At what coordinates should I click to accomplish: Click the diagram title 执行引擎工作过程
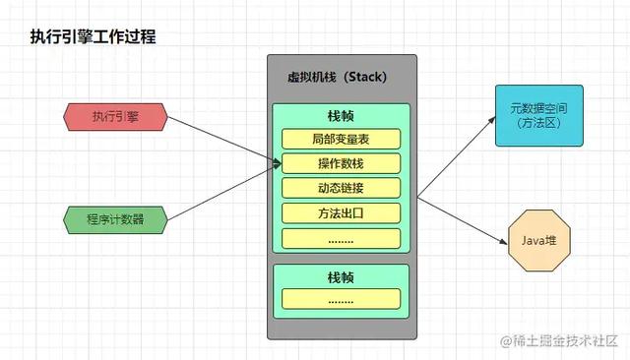click(92, 36)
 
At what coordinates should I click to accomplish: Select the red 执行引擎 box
click(116, 118)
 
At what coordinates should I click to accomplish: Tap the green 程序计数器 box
click(116, 218)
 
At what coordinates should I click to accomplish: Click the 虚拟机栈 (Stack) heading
click(342, 78)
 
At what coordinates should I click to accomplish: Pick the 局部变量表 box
click(342, 139)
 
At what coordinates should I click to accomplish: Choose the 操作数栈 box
click(342, 163)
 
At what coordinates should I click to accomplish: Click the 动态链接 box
click(342, 188)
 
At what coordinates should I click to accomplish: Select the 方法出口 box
click(342, 212)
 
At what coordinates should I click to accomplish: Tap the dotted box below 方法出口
click(342, 237)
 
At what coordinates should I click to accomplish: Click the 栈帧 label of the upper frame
click(342, 116)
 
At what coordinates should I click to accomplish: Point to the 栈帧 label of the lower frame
click(342, 276)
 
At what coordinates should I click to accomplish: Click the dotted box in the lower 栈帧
click(342, 299)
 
